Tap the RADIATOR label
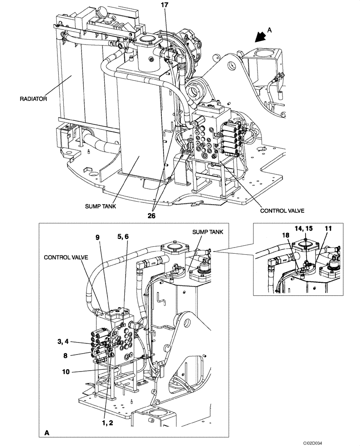coord(33,99)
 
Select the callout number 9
coord(98,238)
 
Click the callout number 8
coord(66,355)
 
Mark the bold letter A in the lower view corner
coord(47,432)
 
